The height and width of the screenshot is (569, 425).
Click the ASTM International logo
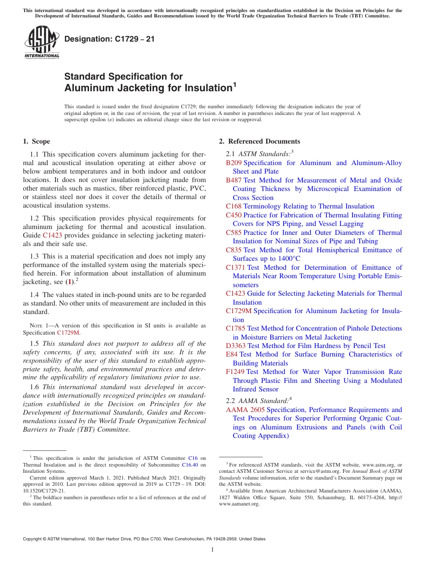coord(42,42)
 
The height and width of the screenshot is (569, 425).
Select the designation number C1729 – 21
coord(110,39)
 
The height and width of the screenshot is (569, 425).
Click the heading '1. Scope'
coord(36,141)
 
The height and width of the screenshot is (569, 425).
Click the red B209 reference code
coord(234,163)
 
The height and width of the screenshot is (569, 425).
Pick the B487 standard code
coord(234,180)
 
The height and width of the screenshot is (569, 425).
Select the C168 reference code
coord(234,206)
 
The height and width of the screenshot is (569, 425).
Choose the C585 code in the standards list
coord(234,233)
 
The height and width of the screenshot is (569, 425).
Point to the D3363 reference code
coord(236,346)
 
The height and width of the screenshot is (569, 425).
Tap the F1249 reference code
coord(235,372)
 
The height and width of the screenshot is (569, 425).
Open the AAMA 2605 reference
coord(245,410)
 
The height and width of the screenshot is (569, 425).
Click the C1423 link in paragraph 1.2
coord(52,235)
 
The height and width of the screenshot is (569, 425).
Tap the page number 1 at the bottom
coord(212,550)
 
